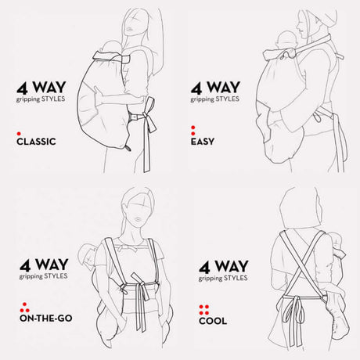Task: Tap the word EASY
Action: coord(204,143)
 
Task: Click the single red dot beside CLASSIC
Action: coord(19,135)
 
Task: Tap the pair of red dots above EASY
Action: coord(193,130)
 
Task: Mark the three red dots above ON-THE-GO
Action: coord(22,304)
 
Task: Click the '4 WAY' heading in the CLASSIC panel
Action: coord(45,88)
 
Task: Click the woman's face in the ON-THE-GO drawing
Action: coord(137,211)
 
